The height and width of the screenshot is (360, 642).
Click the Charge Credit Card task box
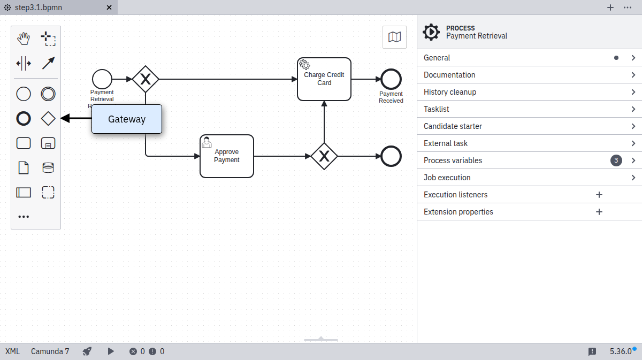point(324,79)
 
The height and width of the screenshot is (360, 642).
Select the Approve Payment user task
point(227,156)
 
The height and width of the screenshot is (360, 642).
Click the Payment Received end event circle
point(391,79)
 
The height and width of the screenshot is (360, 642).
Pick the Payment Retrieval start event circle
point(102,79)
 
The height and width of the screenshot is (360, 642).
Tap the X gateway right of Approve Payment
point(324,156)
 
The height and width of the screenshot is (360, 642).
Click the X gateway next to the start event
point(146,79)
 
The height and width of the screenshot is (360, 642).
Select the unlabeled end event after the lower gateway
point(391,156)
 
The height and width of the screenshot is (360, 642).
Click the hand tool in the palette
point(24,39)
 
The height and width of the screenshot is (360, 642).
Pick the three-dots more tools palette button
point(24,217)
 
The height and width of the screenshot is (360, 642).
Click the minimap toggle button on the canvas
point(395,37)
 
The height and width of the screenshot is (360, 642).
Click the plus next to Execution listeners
point(599,195)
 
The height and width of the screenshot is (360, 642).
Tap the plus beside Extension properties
point(599,212)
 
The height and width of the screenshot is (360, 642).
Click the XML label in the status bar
point(12,351)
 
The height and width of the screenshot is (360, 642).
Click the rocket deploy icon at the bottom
point(87,351)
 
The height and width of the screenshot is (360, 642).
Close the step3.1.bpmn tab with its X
point(109,7)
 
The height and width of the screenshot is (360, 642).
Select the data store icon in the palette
point(48,168)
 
